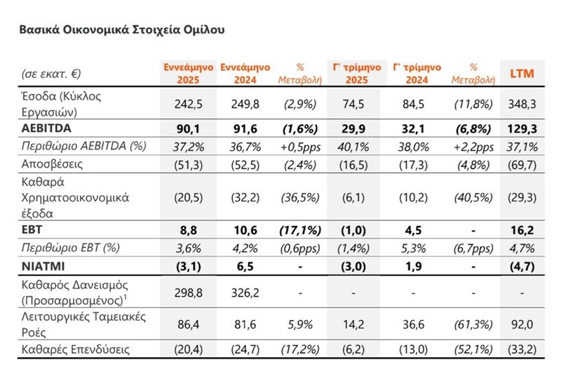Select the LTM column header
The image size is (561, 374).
point(520,73)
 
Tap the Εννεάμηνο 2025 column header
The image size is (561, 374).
point(179,73)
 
